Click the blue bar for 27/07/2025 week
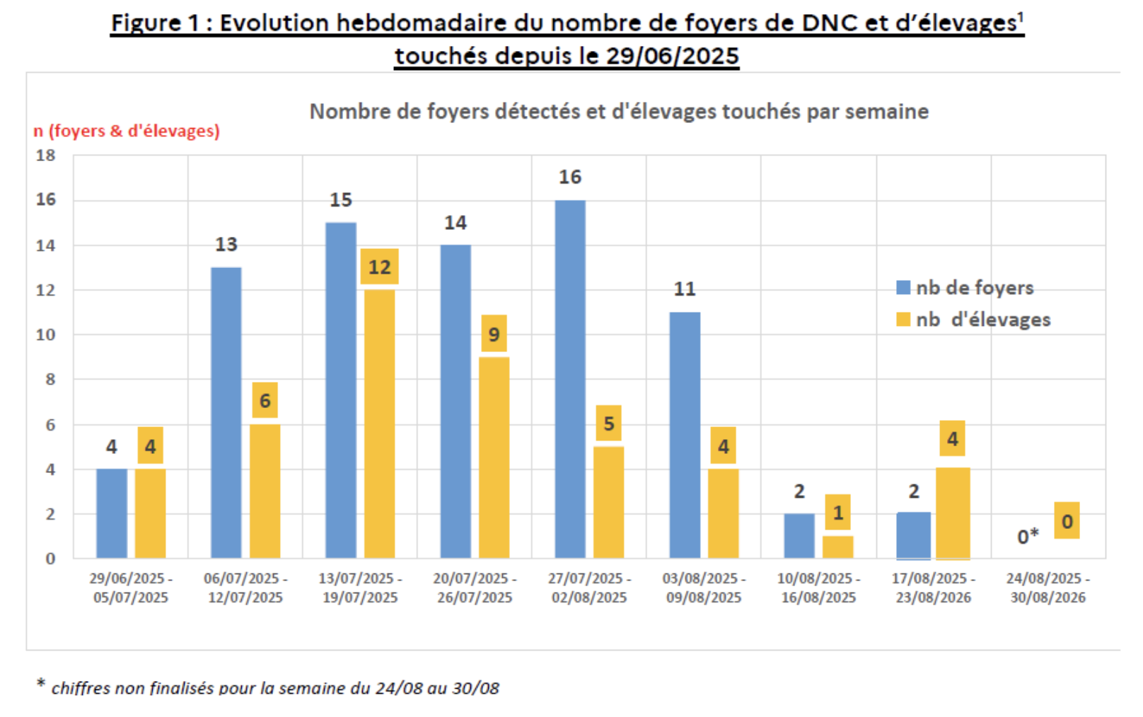(x=570, y=379)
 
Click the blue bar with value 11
(x=685, y=435)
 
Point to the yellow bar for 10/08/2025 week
(x=838, y=547)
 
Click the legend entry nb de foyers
(x=965, y=288)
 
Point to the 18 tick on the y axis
(x=46, y=155)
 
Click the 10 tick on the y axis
(x=46, y=334)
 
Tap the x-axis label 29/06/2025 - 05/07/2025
(x=131, y=588)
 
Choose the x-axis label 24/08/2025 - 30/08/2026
(x=1048, y=588)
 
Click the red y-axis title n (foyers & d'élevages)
(x=127, y=131)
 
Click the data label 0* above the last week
(x=1028, y=537)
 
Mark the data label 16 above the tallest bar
(x=570, y=177)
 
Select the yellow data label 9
(x=494, y=334)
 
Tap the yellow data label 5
(x=608, y=424)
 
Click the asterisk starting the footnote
(x=41, y=683)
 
